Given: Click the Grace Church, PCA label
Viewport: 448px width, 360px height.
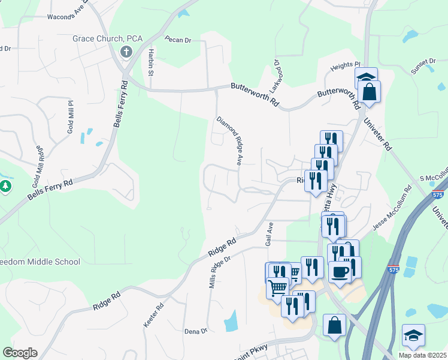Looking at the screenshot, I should (x=108, y=38).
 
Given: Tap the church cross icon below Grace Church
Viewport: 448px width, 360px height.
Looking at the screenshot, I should (x=126, y=52).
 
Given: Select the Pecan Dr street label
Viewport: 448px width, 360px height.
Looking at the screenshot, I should (x=178, y=40).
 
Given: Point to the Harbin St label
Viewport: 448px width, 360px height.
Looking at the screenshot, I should (x=152, y=62).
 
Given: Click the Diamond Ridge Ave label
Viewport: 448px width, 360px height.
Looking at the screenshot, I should (x=229, y=141).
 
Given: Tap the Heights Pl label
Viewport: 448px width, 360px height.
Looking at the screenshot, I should (x=350, y=64).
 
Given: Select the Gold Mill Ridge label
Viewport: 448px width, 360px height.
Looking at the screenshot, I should (x=40, y=162).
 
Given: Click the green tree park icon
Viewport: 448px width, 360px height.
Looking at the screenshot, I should (x=6, y=187).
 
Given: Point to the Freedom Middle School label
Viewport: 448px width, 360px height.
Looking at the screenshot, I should (x=39, y=262).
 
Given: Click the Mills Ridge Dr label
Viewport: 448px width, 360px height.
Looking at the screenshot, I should (x=219, y=271).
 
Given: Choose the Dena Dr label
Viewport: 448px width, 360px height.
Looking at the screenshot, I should (x=196, y=331).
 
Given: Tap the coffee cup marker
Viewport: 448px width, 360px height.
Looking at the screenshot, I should (x=340, y=272).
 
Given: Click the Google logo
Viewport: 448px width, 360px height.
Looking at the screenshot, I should (x=20, y=353).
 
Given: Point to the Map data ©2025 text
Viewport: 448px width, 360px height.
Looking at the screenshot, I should (x=422, y=355).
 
